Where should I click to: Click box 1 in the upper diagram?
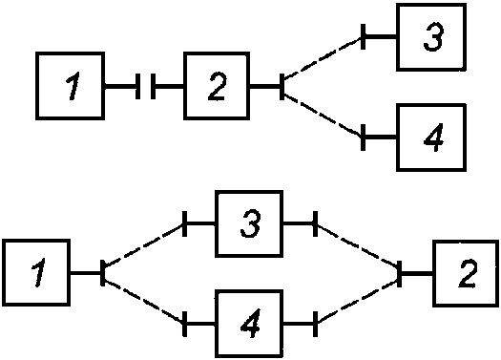(70, 86)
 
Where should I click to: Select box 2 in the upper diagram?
(217, 86)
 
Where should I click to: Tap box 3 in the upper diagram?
(431, 37)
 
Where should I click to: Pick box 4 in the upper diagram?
(431, 138)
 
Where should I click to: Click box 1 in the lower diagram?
(36, 273)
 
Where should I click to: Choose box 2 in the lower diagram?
(466, 273)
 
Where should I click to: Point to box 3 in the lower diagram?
(249, 223)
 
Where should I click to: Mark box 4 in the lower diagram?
(249, 324)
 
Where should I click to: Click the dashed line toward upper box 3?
(323, 57)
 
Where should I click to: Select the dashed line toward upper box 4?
(323, 115)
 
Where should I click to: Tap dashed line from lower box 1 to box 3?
(144, 245)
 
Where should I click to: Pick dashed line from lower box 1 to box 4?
(144, 301)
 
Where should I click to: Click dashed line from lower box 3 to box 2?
(357, 245)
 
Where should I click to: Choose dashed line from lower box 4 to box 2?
(357, 301)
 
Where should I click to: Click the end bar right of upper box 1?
(137, 86)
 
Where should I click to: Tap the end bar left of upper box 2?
(153, 86)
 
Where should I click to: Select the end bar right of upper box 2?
(282, 86)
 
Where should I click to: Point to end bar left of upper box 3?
(363, 37)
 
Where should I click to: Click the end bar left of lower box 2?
(399, 274)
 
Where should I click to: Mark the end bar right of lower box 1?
(102, 273)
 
